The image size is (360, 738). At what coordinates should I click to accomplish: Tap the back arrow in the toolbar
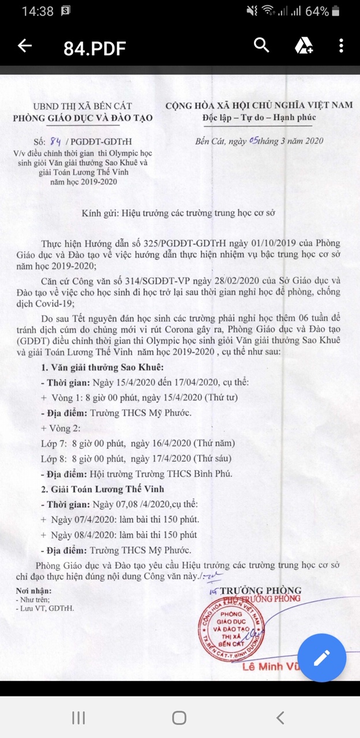[24, 46]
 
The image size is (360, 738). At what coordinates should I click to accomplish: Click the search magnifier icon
[261, 46]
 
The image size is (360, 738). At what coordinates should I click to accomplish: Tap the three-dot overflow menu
[342, 46]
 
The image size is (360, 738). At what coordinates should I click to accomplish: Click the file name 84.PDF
[95, 48]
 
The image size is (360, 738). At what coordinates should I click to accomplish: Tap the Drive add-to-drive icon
[303, 46]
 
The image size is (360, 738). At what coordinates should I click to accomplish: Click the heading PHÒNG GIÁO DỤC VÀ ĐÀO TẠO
[82, 118]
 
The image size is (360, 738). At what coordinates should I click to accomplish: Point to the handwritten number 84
[56, 140]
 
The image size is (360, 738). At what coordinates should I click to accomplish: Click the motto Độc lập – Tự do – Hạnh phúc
[258, 118]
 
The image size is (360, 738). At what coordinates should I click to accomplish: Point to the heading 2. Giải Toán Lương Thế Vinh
[103, 489]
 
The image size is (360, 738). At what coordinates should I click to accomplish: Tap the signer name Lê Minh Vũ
[276, 667]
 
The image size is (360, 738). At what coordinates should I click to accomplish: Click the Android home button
[179, 717]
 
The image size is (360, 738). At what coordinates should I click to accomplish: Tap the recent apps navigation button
[78, 717]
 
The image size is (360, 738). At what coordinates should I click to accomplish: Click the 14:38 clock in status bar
[37, 12]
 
